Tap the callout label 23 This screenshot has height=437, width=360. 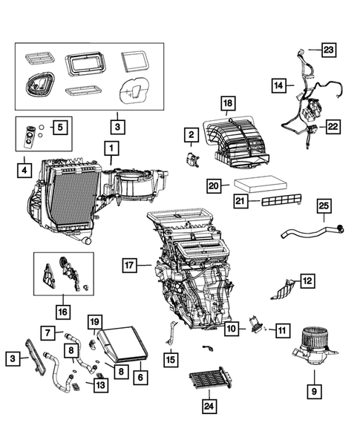point(327,50)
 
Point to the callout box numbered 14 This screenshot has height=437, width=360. point(278,86)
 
